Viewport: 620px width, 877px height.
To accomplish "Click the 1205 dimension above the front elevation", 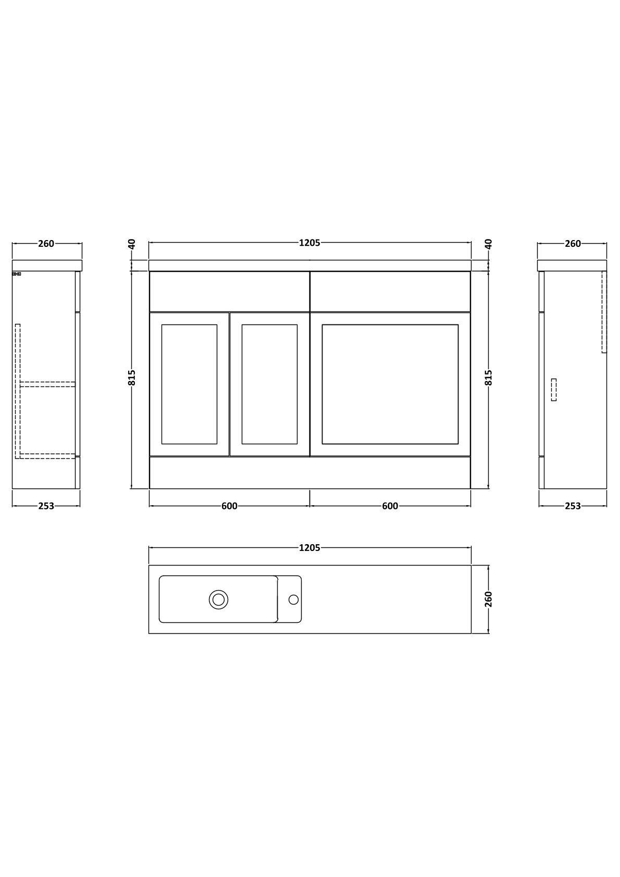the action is coord(309,243).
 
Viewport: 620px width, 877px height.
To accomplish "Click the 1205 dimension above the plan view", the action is coord(309,548).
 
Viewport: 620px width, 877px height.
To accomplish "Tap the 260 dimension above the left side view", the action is coord(46,244).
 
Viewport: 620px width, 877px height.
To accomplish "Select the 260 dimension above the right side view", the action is coord(573,244).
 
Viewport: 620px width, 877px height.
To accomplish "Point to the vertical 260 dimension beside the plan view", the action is coord(488,599).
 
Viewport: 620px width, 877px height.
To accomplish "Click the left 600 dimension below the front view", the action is coord(229,506).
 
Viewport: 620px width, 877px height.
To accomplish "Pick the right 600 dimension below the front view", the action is coord(390,506).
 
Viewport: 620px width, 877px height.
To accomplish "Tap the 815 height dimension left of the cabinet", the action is coord(132,378).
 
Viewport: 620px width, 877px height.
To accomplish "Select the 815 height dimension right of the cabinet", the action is coord(488,378).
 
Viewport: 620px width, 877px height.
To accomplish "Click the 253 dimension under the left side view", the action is coord(46,506).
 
